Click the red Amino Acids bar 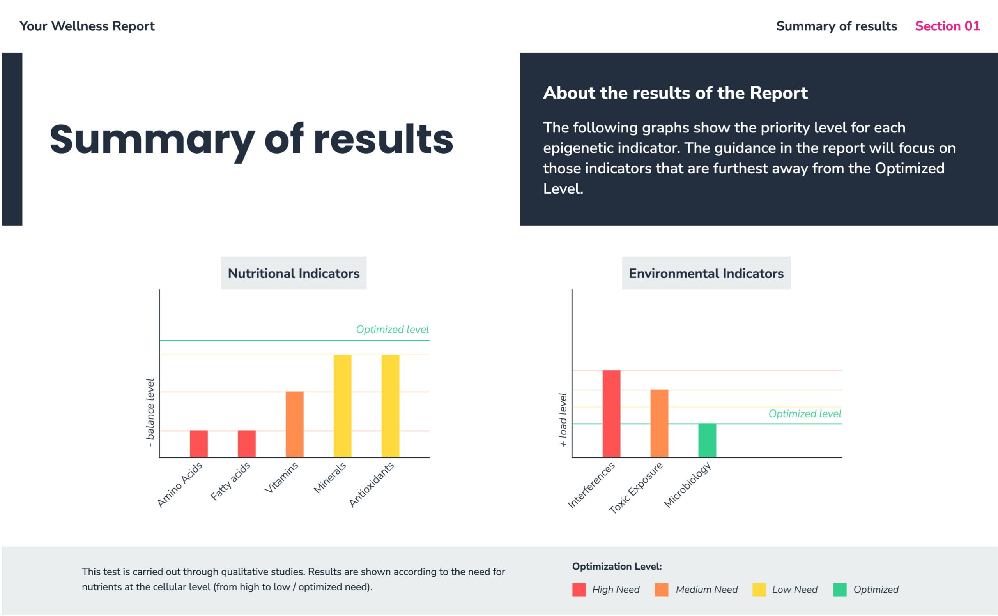[198, 444]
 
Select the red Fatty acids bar [246, 444]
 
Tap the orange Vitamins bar [295, 424]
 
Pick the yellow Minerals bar [342, 406]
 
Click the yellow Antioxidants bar [390, 406]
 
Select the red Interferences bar [611, 413]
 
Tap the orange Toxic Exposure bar [659, 423]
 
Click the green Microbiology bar [707, 440]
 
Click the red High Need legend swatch [579, 590]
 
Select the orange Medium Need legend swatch [662, 590]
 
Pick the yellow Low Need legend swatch [759, 590]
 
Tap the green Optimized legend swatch [840, 590]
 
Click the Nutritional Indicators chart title [294, 274]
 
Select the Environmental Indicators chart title [706, 274]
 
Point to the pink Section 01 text [947, 26]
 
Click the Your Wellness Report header [87, 26]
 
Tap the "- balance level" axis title [150, 413]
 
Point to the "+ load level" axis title [563, 420]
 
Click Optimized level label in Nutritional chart [393, 329]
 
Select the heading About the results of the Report [675, 93]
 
